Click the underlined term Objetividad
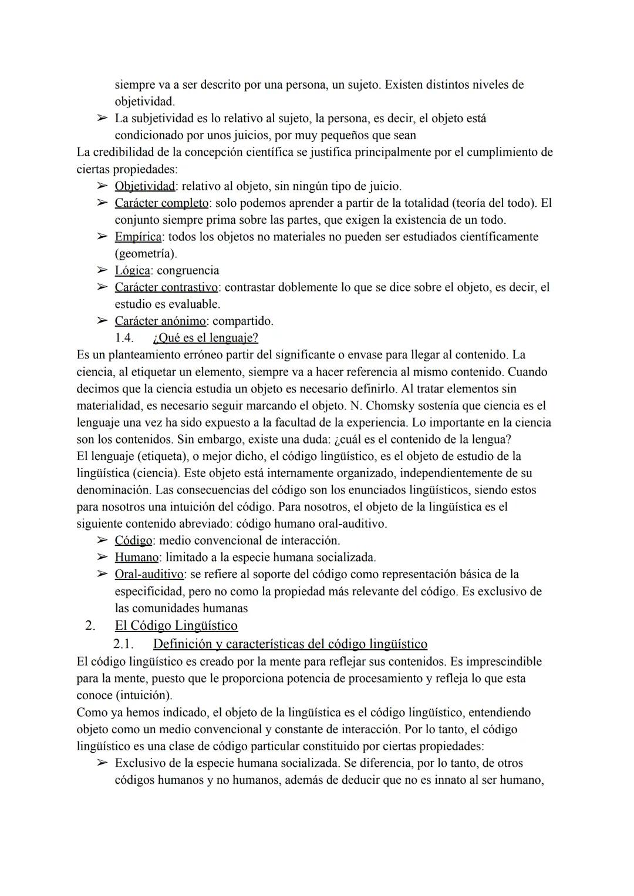point(144,186)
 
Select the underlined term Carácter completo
point(161,203)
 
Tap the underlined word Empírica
point(138,237)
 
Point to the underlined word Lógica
point(132,271)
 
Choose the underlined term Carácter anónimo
point(160,321)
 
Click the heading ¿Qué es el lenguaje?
point(205,338)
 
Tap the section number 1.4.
point(124,338)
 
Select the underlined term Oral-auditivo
point(149,574)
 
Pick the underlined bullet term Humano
point(136,557)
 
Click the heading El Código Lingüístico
point(176,625)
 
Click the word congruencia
point(188,271)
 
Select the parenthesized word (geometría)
point(146,254)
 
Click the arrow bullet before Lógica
point(102,271)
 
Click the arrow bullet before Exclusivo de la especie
point(102,763)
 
